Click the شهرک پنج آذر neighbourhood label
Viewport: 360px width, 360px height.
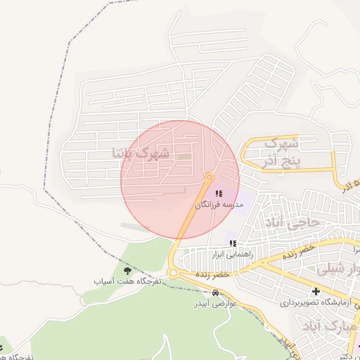coord(280,153)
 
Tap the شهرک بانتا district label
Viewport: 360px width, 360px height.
coord(141,153)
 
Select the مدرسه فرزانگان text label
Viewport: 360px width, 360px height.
coord(219,205)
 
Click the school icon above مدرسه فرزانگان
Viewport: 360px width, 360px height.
coord(218,193)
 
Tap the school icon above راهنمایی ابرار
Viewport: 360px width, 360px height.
coord(233,243)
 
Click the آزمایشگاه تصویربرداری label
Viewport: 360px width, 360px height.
coord(316,303)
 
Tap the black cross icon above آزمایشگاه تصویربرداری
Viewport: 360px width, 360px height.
coord(316,291)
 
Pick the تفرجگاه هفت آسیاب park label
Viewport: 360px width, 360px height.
coord(129,281)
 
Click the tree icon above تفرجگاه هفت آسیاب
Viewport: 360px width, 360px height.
coord(127,269)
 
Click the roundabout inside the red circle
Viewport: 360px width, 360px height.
coord(209,176)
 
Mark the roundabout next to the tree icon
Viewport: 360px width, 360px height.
coord(173,274)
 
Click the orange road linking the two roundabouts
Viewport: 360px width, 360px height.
coord(191,225)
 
